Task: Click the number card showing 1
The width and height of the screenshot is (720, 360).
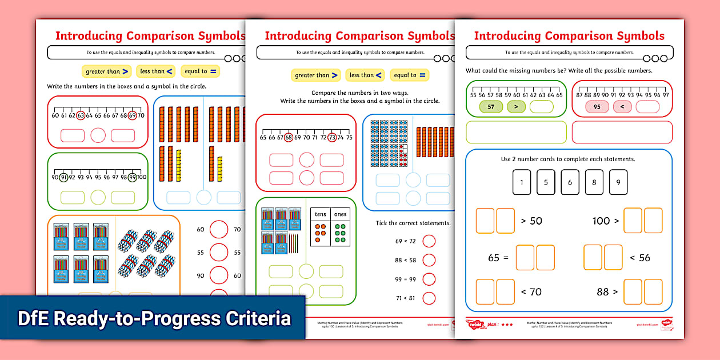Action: pos(522,182)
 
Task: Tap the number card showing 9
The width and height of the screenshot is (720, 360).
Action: pos(618,182)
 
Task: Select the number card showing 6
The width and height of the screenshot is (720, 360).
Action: pos(570,182)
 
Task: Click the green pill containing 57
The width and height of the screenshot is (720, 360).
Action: pos(491,106)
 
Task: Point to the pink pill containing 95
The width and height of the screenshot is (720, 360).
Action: pos(597,106)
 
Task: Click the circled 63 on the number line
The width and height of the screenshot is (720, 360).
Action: pos(81,115)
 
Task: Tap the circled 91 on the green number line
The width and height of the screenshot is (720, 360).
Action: pos(64,177)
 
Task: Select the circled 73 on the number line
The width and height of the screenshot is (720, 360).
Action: pos(332,137)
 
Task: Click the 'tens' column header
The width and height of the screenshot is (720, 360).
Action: pos(321,214)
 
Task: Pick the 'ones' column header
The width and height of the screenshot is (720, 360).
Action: pos(340,214)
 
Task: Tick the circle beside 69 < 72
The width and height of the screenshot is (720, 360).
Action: pos(429,241)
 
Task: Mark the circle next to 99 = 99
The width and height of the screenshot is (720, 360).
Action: pos(429,279)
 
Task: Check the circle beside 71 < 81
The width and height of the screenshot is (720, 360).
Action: pos(429,298)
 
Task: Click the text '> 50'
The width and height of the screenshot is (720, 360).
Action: pos(531,221)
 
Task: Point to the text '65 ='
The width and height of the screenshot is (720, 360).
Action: pos(499,258)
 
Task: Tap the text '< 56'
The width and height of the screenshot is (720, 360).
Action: pos(640,258)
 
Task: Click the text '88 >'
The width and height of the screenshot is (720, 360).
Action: pos(607,292)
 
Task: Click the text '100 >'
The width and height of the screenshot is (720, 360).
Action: pos(606,221)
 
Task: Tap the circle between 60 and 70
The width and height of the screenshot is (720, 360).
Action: pos(219,230)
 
